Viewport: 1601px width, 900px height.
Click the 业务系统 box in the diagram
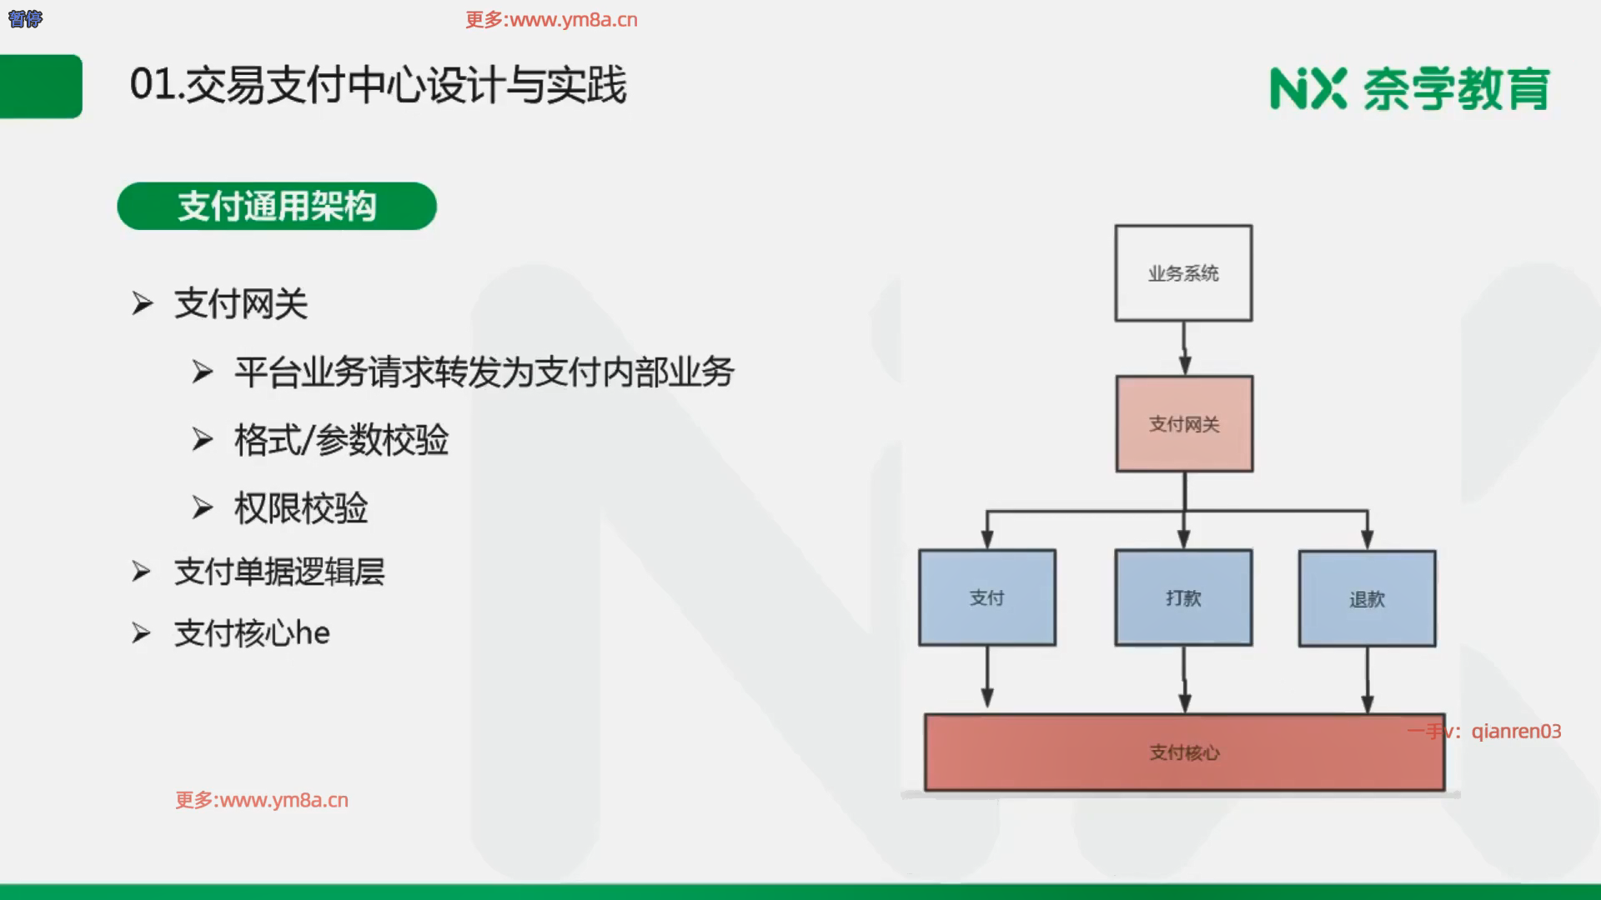coord(1183,273)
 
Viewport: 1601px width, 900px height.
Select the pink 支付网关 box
coord(1184,424)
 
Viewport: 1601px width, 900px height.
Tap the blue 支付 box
coord(987,597)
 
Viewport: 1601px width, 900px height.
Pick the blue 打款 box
coord(1183,597)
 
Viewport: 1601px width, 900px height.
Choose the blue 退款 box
coord(1367,598)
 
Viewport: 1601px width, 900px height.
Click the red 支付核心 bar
coord(1184,752)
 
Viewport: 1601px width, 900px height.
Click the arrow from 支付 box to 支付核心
coord(987,678)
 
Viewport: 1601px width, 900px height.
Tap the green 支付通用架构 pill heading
coord(277,206)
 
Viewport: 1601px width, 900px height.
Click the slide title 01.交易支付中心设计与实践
coord(378,85)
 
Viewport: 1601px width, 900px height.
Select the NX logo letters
coord(1307,88)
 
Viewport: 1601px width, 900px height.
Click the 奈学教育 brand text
coord(1456,88)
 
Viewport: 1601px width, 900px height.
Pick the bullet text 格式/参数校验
coord(341,440)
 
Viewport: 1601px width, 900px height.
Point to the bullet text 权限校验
coord(301,508)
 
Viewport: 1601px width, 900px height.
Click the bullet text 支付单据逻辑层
coord(279,572)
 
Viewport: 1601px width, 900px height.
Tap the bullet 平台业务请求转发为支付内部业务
coord(484,372)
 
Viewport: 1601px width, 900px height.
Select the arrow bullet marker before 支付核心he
coord(141,633)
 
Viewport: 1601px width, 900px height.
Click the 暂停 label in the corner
coord(25,18)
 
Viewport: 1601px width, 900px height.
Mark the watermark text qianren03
coord(1515,731)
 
